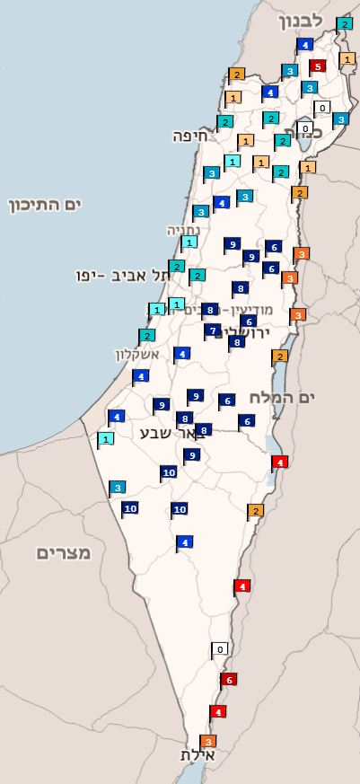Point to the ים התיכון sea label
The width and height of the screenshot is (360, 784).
[x=45, y=206]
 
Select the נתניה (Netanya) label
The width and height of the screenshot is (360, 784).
[x=183, y=230]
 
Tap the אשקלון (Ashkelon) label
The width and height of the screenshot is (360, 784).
[x=136, y=354]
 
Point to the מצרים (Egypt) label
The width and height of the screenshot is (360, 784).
[x=64, y=552]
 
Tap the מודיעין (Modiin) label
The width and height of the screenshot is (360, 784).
[x=266, y=310]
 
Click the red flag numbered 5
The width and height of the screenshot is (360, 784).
[x=317, y=66]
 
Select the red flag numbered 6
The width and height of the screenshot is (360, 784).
[x=229, y=680]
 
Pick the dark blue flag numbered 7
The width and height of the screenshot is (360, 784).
[x=213, y=330]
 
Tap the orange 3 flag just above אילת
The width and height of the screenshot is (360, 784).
[x=208, y=742]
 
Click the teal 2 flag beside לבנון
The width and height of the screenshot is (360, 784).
[x=344, y=24]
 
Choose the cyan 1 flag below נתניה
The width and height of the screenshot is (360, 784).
[x=189, y=242]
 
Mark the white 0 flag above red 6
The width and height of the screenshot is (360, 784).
[x=220, y=648]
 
